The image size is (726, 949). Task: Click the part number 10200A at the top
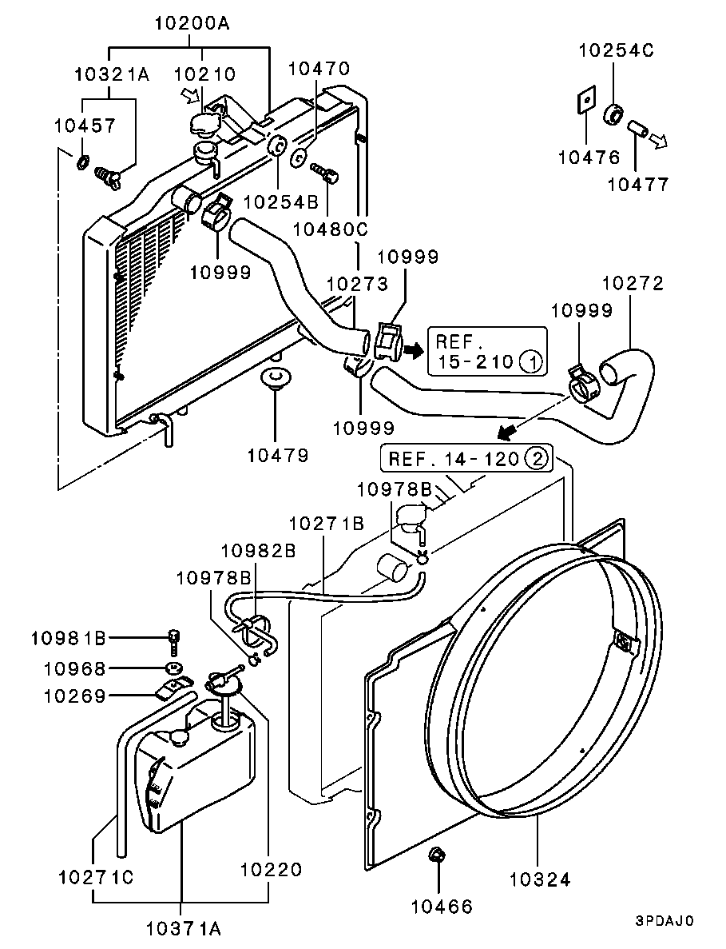pyautogui.click(x=191, y=24)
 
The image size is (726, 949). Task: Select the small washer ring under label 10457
pyautogui.click(x=83, y=164)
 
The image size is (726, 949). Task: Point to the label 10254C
pyautogui.click(x=616, y=51)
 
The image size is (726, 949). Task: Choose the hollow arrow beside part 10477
pyautogui.click(x=657, y=141)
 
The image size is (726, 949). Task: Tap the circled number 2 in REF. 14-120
pyautogui.click(x=537, y=459)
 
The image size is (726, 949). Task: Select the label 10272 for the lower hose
pyautogui.click(x=633, y=284)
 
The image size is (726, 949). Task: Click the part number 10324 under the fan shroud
pyautogui.click(x=540, y=879)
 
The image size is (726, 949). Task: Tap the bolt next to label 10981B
pyautogui.click(x=173, y=640)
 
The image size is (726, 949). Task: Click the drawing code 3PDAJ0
pyautogui.click(x=665, y=920)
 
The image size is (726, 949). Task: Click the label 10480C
pyautogui.click(x=330, y=229)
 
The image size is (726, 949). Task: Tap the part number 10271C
pyautogui.click(x=96, y=877)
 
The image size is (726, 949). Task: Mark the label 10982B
pyautogui.click(x=258, y=550)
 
